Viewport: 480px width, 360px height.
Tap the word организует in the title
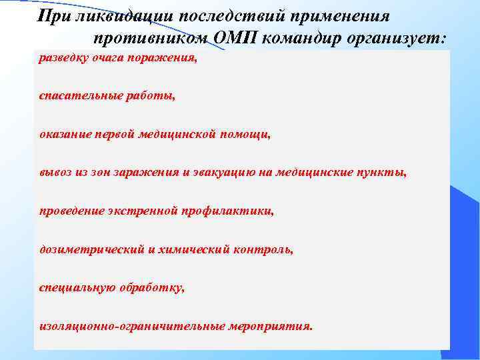[396, 38]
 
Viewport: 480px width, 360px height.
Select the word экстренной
[140, 211]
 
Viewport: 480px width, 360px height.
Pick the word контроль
[263, 250]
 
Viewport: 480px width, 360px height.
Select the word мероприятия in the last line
[270, 327]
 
